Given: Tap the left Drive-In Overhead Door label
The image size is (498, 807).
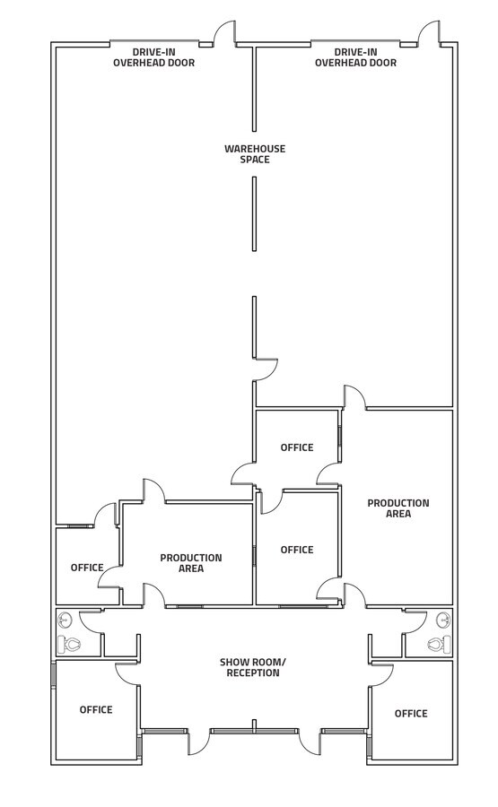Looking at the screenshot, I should [x=153, y=57].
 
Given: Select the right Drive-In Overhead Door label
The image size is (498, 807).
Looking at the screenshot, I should [x=355, y=57].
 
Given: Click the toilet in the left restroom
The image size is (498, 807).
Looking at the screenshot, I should [x=69, y=644].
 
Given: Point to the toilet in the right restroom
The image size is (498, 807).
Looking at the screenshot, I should [x=437, y=644].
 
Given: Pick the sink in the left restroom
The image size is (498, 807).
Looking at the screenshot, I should [x=65, y=619].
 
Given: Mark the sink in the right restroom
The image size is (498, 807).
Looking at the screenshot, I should [x=442, y=619].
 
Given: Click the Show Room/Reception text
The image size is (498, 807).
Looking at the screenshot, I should [x=250, y=668].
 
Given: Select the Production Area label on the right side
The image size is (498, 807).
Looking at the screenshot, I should [x=398, y=508].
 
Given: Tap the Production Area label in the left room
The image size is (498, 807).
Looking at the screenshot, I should [x=190, y=563].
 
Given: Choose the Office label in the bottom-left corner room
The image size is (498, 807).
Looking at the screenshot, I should [x=96, y=709].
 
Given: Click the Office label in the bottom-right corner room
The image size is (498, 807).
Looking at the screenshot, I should [x=411, y=714].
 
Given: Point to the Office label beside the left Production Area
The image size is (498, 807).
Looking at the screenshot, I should [x=87, y=568].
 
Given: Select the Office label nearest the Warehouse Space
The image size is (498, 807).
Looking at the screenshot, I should [x=297, y=447].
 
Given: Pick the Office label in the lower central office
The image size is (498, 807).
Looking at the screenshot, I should [x=297, y=550].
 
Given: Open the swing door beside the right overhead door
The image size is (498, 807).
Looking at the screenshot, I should [x=429, y=33].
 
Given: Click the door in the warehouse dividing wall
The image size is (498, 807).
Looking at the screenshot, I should [x=266, y=370].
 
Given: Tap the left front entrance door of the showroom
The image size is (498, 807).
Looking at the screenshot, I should [x=198, y=742].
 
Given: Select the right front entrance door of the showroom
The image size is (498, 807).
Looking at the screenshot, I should [x=310, y=742].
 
